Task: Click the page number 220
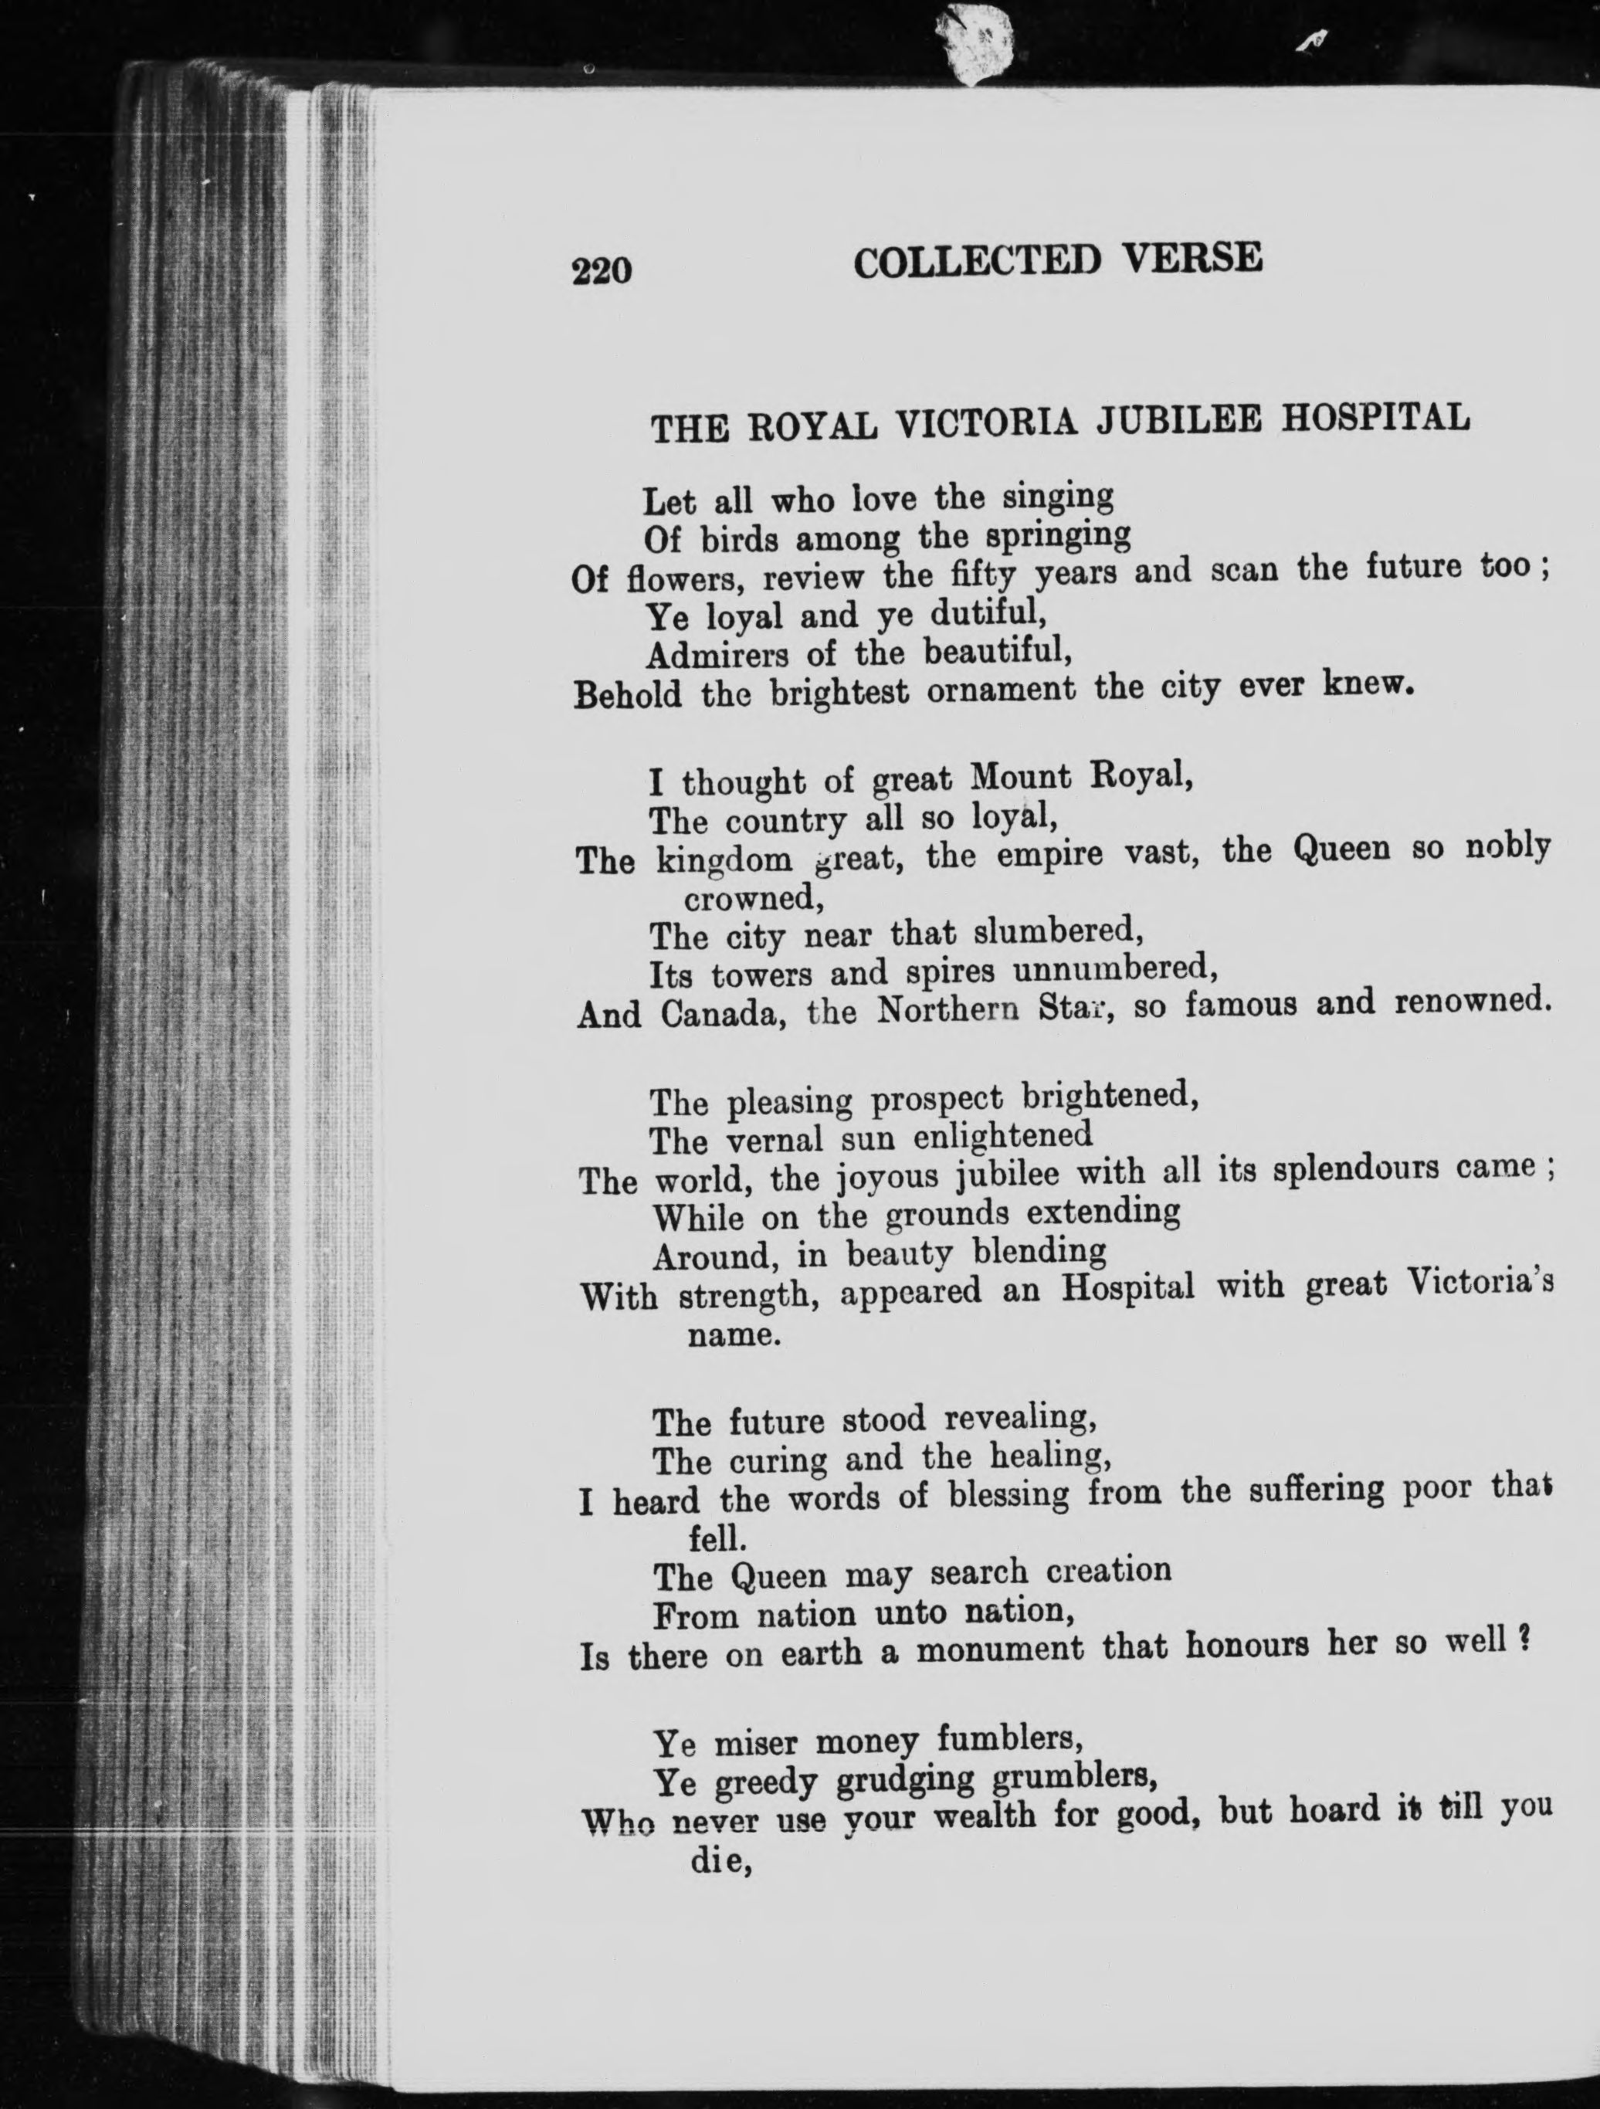tap(602, 271)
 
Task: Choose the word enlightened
tap(1002, 1135)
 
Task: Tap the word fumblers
tap(1010, 1740)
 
